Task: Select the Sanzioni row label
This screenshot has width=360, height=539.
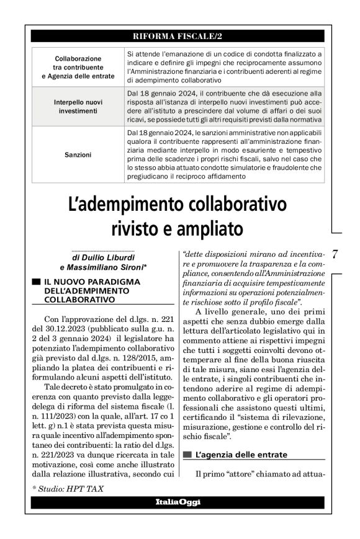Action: pyautogui.click(x=78, y=154)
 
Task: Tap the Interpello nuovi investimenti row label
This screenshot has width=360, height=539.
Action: pyautogui.click(x=78, y=106)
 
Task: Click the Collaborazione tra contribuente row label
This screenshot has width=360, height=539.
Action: pyautogui.click(x=78, y=67)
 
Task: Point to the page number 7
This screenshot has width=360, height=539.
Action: pyautogui.click(x=334, y=254)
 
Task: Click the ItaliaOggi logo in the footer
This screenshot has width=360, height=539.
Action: pyautogui.click(x=179, y=501)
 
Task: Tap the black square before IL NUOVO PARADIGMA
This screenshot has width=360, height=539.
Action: pyautogui.click(x=37, y=282)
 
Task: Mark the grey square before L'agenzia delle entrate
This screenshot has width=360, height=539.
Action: pyautogui.click(x=187, y=455)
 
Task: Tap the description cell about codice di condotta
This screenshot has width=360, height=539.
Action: pyautogui.click(x=223, y=67)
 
